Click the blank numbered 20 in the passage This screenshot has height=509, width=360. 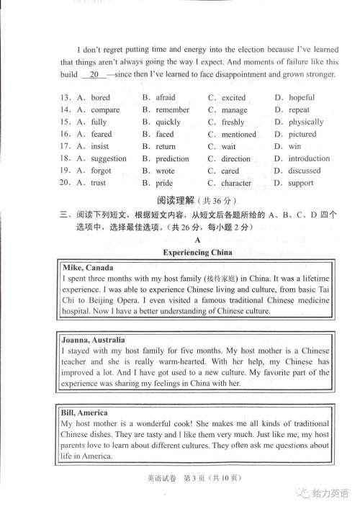tap(93, 75)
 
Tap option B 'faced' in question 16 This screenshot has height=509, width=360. tap(164, 135)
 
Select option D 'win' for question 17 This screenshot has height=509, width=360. tap(295, 147)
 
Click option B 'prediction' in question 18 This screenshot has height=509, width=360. tap(172, 159)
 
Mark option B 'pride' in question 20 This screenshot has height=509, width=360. tap(164, 184)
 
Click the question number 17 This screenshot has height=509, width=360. tap(65, 147)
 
